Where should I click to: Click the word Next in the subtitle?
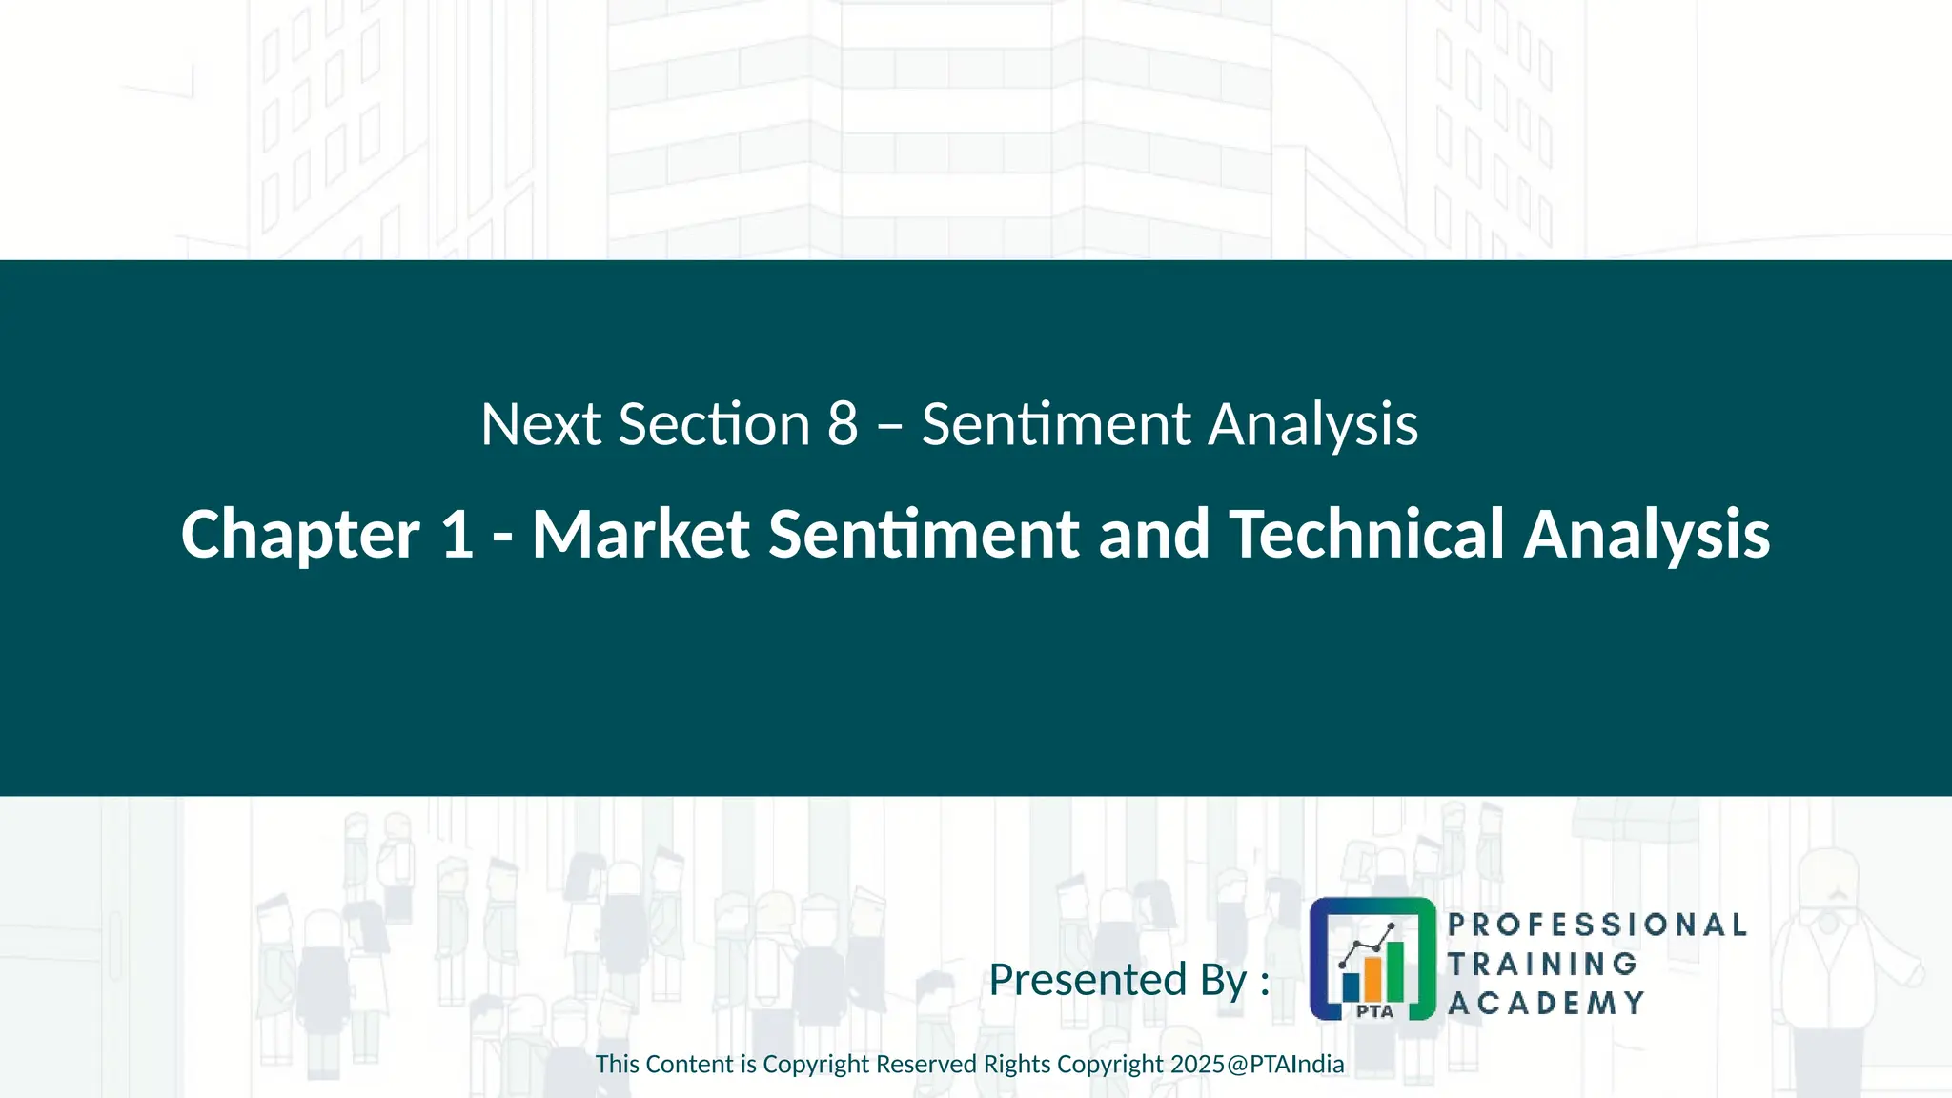click(x=539, y=424)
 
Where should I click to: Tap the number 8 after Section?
click(x=843, y=424)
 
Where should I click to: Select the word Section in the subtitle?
click(x=714, y=424)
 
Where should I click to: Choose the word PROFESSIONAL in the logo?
click(x=1597, y=925)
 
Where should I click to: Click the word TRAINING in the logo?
click(x=1542, y=964)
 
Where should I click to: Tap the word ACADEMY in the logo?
click(x=1546, y=1003)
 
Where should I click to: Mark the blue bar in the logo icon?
click(x=1351, y=986)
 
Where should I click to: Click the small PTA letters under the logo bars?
click(x=1374, y=1011)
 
